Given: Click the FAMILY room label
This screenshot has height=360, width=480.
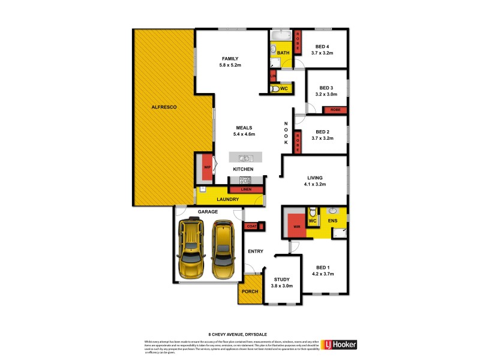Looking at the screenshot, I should [x=231, y=58].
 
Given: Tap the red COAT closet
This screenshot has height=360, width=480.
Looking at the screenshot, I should [x=251, y=226].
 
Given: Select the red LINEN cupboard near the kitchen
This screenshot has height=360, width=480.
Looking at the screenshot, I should [x=246, y=190].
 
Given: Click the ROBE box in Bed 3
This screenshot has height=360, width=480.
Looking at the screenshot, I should [x=334, y=110].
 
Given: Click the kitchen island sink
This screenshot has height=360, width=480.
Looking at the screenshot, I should [x=245, y=158].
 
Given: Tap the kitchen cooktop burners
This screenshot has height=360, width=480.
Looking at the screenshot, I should [x=245, y=180].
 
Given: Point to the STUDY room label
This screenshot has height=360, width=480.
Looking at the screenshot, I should [x=282, y=279].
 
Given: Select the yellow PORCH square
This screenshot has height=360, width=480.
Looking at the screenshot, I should [x=249, y=292].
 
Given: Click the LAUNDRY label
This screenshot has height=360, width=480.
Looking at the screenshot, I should [x=227, y=199].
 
